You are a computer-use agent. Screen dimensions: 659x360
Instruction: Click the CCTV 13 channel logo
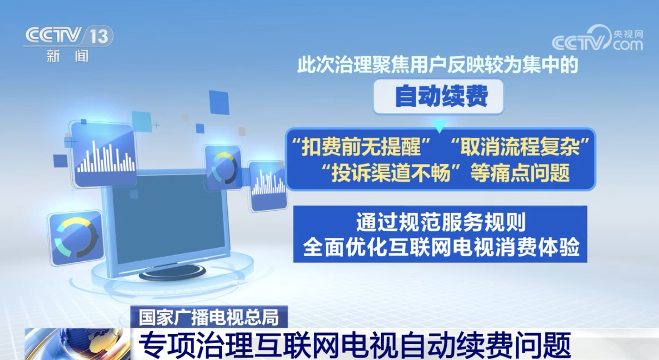(x=68, y=36)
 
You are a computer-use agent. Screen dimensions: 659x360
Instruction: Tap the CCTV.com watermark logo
(x=597, y=38)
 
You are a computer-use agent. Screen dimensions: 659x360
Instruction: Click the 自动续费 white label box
(x=438, y=96)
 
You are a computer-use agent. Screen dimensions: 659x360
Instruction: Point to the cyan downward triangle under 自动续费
(x=439, y=126)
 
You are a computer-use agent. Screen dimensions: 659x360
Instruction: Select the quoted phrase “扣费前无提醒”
(x=362, y=146)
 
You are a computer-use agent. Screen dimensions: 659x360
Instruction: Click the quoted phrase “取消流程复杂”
(x=521, y=146)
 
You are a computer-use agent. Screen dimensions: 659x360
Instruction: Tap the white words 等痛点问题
(x=520, y=173)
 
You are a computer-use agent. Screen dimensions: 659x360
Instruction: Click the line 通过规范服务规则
(x=440, y=222)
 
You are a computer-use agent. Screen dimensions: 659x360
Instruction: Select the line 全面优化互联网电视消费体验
(x=441, y=247)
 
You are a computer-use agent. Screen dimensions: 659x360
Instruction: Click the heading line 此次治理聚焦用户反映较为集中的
(x=438, y=65)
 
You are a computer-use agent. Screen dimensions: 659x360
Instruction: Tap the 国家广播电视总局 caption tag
(x=209, y=317)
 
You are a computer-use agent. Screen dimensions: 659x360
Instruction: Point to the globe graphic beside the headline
(x=78, y=344)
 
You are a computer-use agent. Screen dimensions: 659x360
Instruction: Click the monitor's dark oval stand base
(x=172, y=273)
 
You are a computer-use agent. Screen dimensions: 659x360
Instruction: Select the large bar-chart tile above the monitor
(x=104, y=154)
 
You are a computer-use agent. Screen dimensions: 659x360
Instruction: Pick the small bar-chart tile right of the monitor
(x=267, y=186)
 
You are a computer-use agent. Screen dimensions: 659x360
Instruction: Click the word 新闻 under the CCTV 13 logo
(x=68, y=56)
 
